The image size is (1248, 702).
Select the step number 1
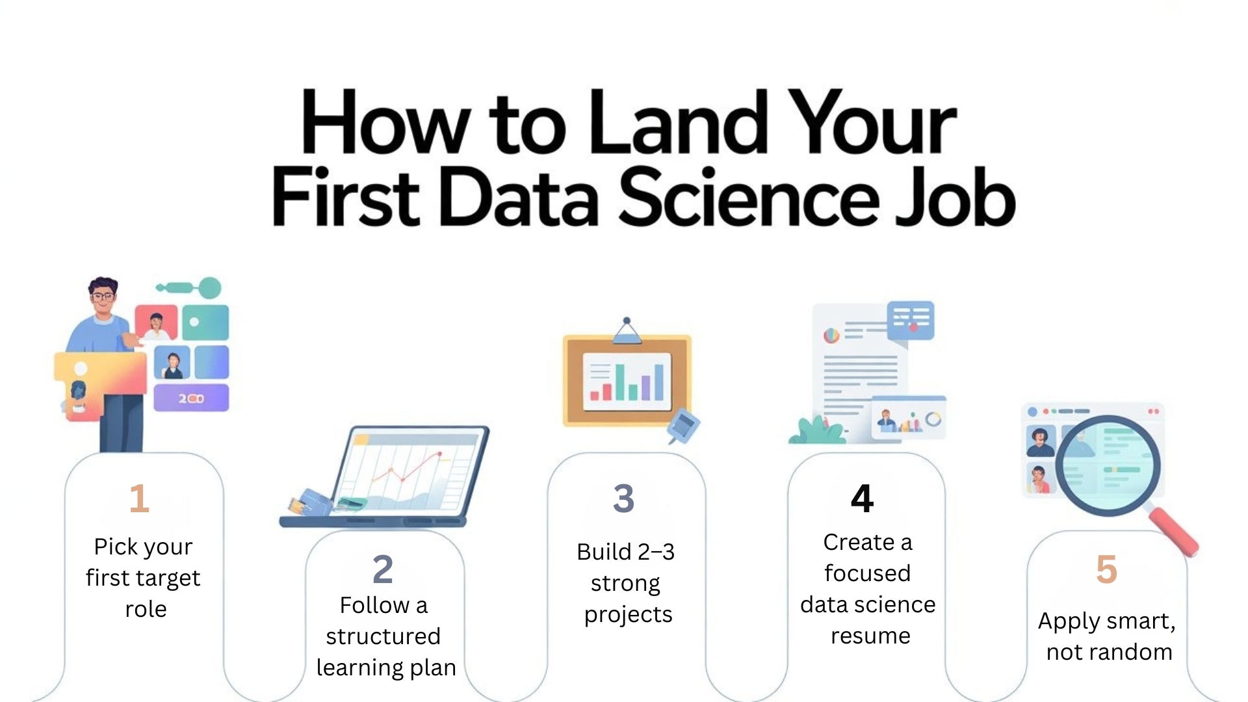coord(139,499)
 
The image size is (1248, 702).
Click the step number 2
coord(383,569)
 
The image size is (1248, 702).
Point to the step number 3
coord(623,499)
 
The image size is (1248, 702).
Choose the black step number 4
coord(862,499)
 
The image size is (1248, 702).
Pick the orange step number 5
coord(1106,569)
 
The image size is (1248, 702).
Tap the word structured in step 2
coord(383,636)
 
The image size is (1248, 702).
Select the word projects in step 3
coord(628,615)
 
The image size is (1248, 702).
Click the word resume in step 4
coord(870,636)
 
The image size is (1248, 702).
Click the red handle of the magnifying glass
coord(1174,532)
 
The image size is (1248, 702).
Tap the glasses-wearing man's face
coord(103,298)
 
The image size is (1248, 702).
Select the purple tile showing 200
coord(191,398)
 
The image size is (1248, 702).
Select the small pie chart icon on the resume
coord(831,335)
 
